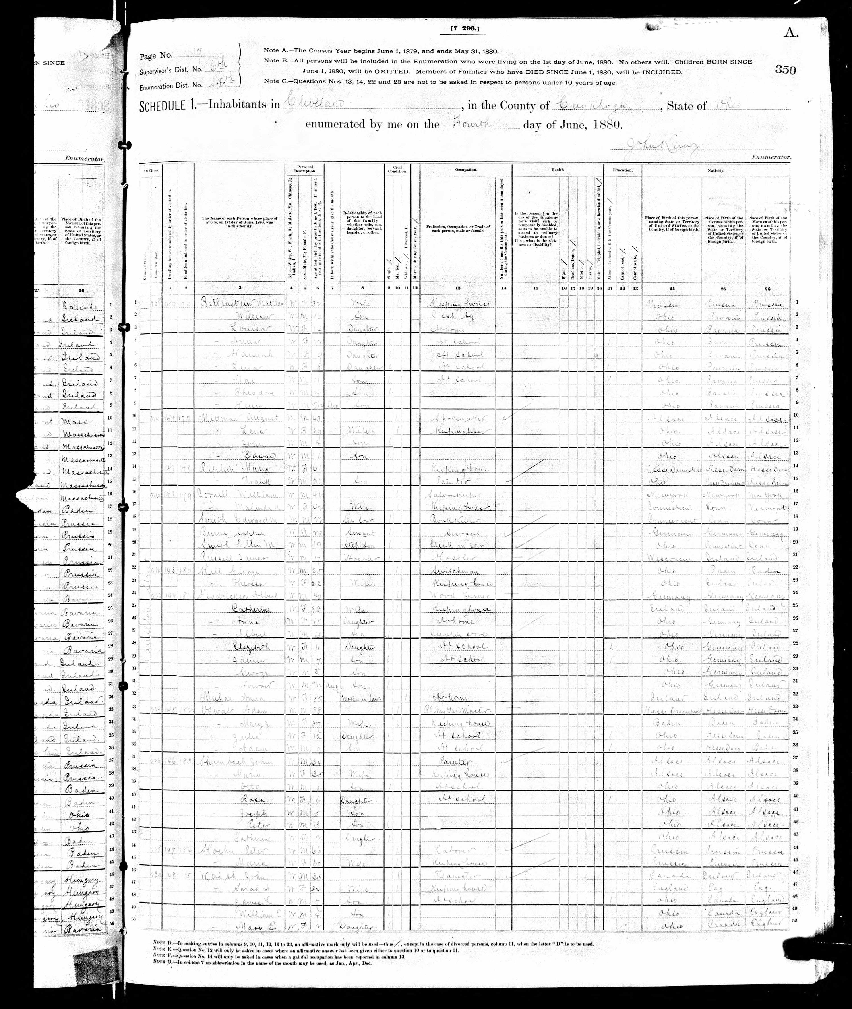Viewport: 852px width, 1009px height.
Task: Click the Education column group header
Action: (623, 170)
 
